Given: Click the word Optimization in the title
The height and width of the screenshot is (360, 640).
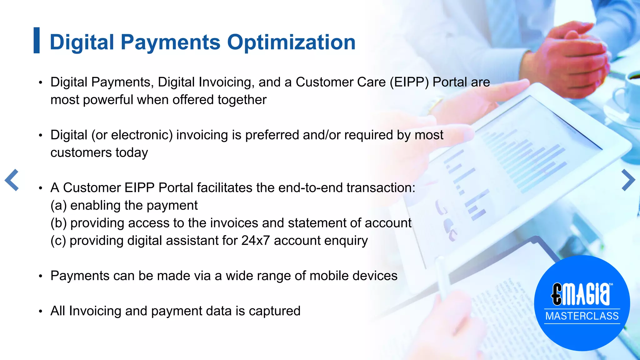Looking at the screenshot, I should click(291, 42).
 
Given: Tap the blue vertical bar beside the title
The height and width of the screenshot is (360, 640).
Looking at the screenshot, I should click(37, 40).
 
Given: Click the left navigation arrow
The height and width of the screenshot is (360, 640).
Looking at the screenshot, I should click(12, 180).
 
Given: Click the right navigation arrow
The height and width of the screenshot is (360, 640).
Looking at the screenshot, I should click(628, 180).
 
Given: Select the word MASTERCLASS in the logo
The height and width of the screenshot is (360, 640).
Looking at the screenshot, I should click(582, 316).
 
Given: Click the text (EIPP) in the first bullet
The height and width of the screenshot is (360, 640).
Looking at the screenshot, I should click(409, 82).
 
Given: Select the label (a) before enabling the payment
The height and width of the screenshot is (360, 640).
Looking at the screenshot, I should click(59, 206).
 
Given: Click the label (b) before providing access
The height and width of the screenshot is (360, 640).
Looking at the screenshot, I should click(59, 223).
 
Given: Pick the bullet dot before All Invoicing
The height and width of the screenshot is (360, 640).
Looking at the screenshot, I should click(40, 312).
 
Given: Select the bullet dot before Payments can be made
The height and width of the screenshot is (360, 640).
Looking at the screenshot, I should click(40, 277).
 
